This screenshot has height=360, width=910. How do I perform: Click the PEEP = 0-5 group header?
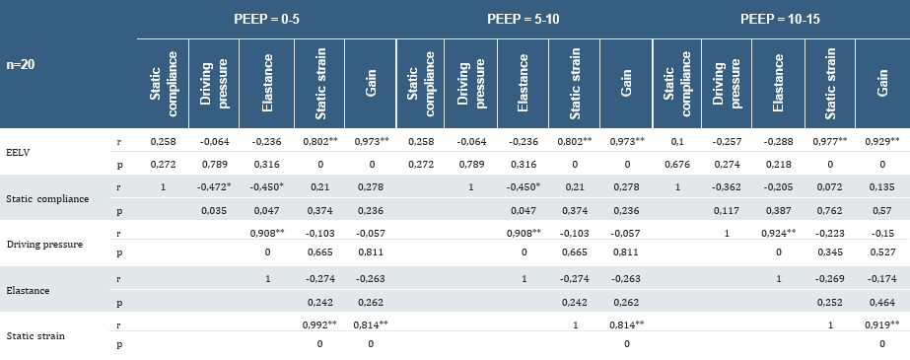[x=265, y=20]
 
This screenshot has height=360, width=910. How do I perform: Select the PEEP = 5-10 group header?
[x=524, y=20]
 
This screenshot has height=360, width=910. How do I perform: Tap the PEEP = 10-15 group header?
[x=781, y=20]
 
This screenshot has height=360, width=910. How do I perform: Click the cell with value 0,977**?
[x=832, y=142]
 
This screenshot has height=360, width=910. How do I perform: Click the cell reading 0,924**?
[x=781, y=234]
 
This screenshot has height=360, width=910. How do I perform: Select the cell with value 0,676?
[x=677, y=163]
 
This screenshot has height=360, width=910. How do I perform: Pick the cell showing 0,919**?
[x=883, y=324]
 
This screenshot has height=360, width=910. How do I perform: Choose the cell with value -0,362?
[x=729, y=186]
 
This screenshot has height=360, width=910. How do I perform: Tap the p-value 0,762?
[x=832, y=210]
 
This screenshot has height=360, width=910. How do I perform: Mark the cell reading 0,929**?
[x=883, y=142]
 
